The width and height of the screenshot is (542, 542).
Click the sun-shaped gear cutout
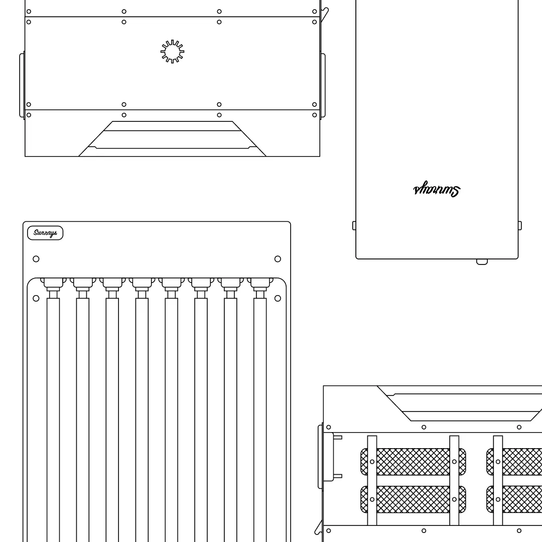pos(172,52)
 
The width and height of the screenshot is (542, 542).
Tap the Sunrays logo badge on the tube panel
pos(45,233)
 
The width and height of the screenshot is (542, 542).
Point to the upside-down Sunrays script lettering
pos(436,190)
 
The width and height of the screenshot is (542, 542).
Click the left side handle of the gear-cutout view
pos(22,85)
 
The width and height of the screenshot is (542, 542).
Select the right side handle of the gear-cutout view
pos(323,85)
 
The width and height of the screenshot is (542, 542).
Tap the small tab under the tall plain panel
pos(482,261)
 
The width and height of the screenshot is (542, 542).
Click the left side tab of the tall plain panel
pos(354,226)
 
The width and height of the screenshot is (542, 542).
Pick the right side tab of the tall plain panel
pos(519,226)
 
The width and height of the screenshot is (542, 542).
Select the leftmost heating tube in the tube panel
pos(53,417)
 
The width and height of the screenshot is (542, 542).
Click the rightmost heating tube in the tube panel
pos(260,417)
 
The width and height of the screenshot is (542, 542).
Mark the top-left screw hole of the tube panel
pos(36,259)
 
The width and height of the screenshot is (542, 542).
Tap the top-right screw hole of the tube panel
pos(278,259)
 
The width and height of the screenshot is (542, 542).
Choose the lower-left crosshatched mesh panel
pos(413,499)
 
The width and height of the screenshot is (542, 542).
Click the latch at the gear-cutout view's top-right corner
pos(325,14)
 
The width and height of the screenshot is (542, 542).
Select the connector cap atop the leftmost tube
pos(53,284)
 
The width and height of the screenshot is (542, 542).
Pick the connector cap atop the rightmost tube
pos(260,284)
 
